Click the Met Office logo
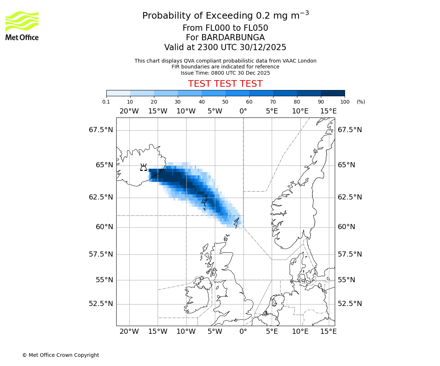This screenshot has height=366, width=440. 22,26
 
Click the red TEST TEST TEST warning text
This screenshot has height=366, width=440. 225,84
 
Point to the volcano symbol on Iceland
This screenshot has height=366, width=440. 143,167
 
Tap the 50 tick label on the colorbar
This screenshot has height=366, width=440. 225,102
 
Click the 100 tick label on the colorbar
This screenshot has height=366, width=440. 344,102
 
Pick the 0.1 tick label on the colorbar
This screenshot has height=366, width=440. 106,102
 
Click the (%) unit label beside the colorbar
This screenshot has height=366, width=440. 361,102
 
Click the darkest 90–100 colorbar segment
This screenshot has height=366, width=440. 333,93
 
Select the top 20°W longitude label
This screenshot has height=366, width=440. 129,111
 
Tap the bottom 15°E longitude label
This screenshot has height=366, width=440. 329,332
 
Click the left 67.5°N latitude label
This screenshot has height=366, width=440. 101,130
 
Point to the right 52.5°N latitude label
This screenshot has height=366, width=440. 350,304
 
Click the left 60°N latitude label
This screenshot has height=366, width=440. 104,227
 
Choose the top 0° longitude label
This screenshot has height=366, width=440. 243,111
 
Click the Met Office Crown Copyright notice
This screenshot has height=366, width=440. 60,355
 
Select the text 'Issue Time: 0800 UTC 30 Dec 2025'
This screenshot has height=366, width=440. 225,73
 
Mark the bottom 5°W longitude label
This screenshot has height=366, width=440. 215,332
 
